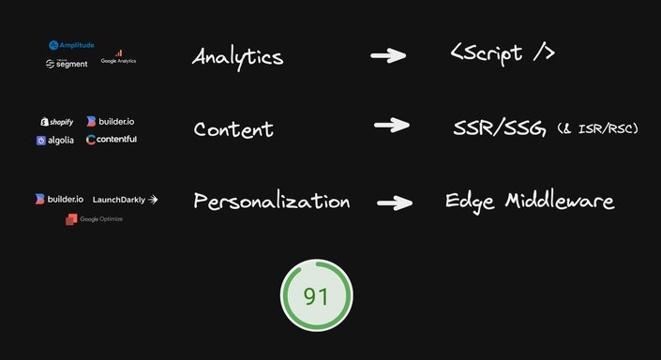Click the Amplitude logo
click(72, 45)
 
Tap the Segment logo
click(66, 64)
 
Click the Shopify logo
click(56, 121)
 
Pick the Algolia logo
click(56, 140)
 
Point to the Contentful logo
click(111, 140)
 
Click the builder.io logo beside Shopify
click(110, 121)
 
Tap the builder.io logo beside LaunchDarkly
click(59, 199)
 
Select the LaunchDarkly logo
click(126, 199)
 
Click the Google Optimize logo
click(94, 218)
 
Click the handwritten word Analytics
click(237, 56)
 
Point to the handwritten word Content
click(233, 129)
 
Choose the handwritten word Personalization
click(271, 202)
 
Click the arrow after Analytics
click(388, 56)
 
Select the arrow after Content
click(391, 125)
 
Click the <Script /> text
click(503, 52)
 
